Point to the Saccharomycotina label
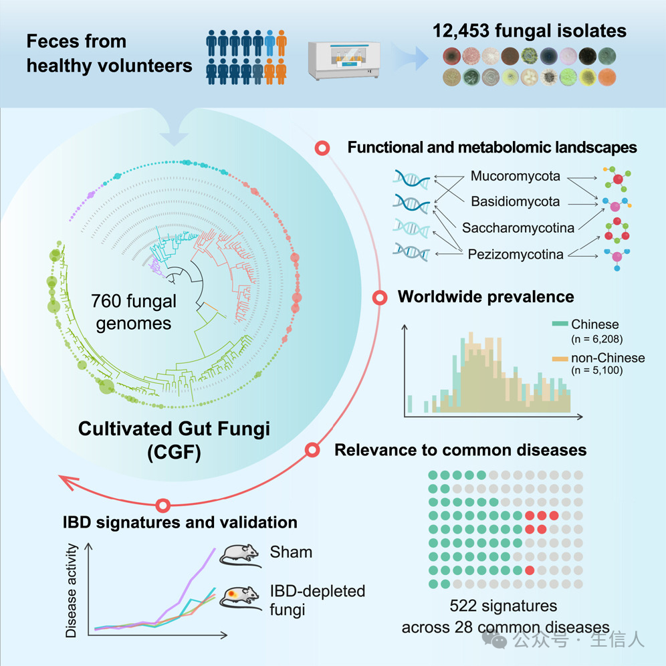[x=518, y=228]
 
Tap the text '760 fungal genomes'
[x=134, y=312]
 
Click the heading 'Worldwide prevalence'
[x=486, y=296]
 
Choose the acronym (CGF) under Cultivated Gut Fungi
[x=175, y=451]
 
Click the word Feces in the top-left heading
[x=51, y=41]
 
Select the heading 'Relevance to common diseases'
[x=460, y=450]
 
